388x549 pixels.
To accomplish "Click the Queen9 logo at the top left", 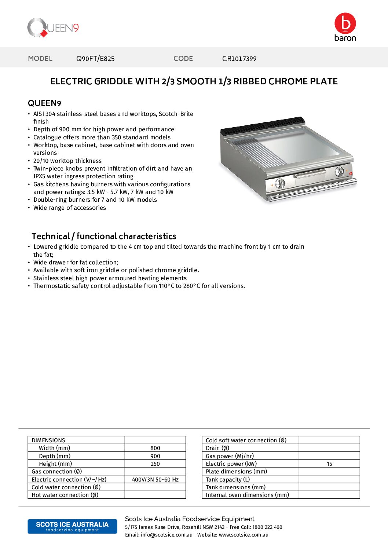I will [53, 28].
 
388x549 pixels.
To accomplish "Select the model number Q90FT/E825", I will [95, 59].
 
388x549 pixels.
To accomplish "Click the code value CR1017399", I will [239, 59].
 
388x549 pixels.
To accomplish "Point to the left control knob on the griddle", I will [280, 183].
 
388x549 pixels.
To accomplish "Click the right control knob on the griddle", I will [340, 171].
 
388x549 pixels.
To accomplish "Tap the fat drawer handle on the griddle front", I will [310, 174].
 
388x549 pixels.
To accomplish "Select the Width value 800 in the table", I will [155, 448].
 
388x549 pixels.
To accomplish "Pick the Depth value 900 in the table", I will [155, 456].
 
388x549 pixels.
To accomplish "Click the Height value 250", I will [155, 464].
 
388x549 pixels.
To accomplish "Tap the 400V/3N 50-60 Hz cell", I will [155, 480].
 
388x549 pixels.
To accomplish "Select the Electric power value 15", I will [329, 464].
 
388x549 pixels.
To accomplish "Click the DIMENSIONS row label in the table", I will [48, 440].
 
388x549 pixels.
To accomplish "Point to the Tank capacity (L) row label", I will [228, 480].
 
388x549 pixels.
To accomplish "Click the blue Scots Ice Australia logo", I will [72, 526].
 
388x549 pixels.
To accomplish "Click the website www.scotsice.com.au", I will [244, 535].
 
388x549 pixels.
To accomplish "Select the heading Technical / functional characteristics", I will [104, 236].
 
